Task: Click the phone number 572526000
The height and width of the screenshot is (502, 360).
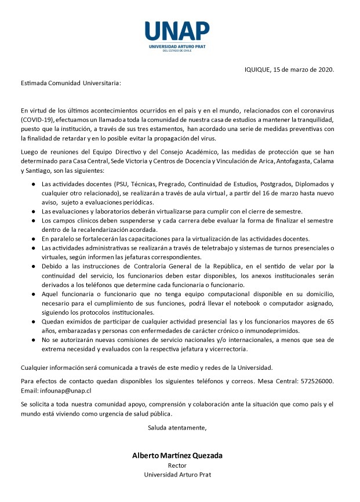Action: click(316, 381)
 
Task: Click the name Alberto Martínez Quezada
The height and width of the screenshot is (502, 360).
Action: click(177, 456)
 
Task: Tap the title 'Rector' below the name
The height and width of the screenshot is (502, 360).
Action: click(177, 465)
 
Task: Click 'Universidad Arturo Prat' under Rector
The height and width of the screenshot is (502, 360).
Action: click(177, 475)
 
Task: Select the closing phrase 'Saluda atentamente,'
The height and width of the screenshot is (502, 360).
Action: click(177, 428)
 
